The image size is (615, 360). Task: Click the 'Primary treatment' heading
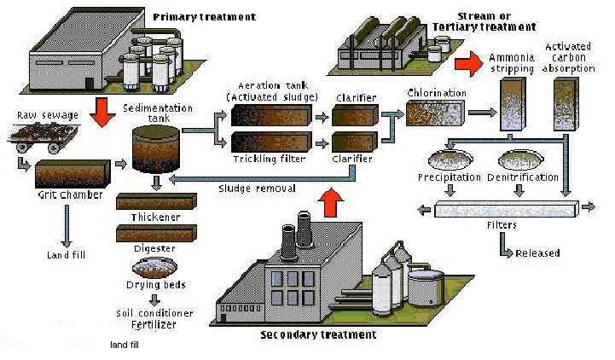pyautogui.click(x=192, y=16)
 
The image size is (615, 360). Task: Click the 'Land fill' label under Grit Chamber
pyautogui.click(x=67, y=254)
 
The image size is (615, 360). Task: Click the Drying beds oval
pyautogui.click(x=154, y=266)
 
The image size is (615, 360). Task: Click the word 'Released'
pyautogui.click(x=537, y=253)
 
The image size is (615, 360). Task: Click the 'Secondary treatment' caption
pyautogui.click(x=317, y=334)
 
